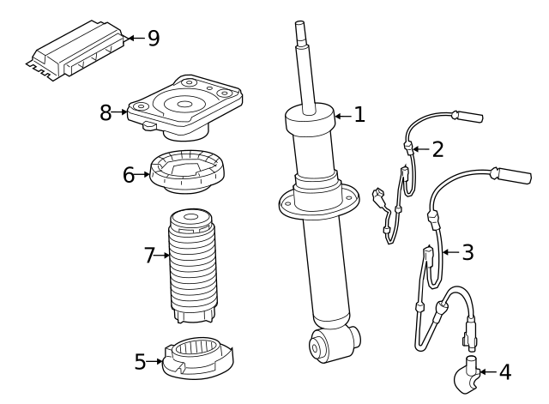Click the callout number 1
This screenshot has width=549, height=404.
click(359, 114)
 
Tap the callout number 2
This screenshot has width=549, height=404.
click(437, 149)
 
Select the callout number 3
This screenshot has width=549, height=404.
click(467, 252)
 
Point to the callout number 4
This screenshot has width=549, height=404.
click(504, 372)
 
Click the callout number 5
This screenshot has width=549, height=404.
click(141, 362)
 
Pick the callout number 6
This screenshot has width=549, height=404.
click(129, 175)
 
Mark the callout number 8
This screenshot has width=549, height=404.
click(106, 112)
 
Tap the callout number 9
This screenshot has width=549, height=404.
click(153, 38)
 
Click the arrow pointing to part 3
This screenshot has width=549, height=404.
click(450, 252)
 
